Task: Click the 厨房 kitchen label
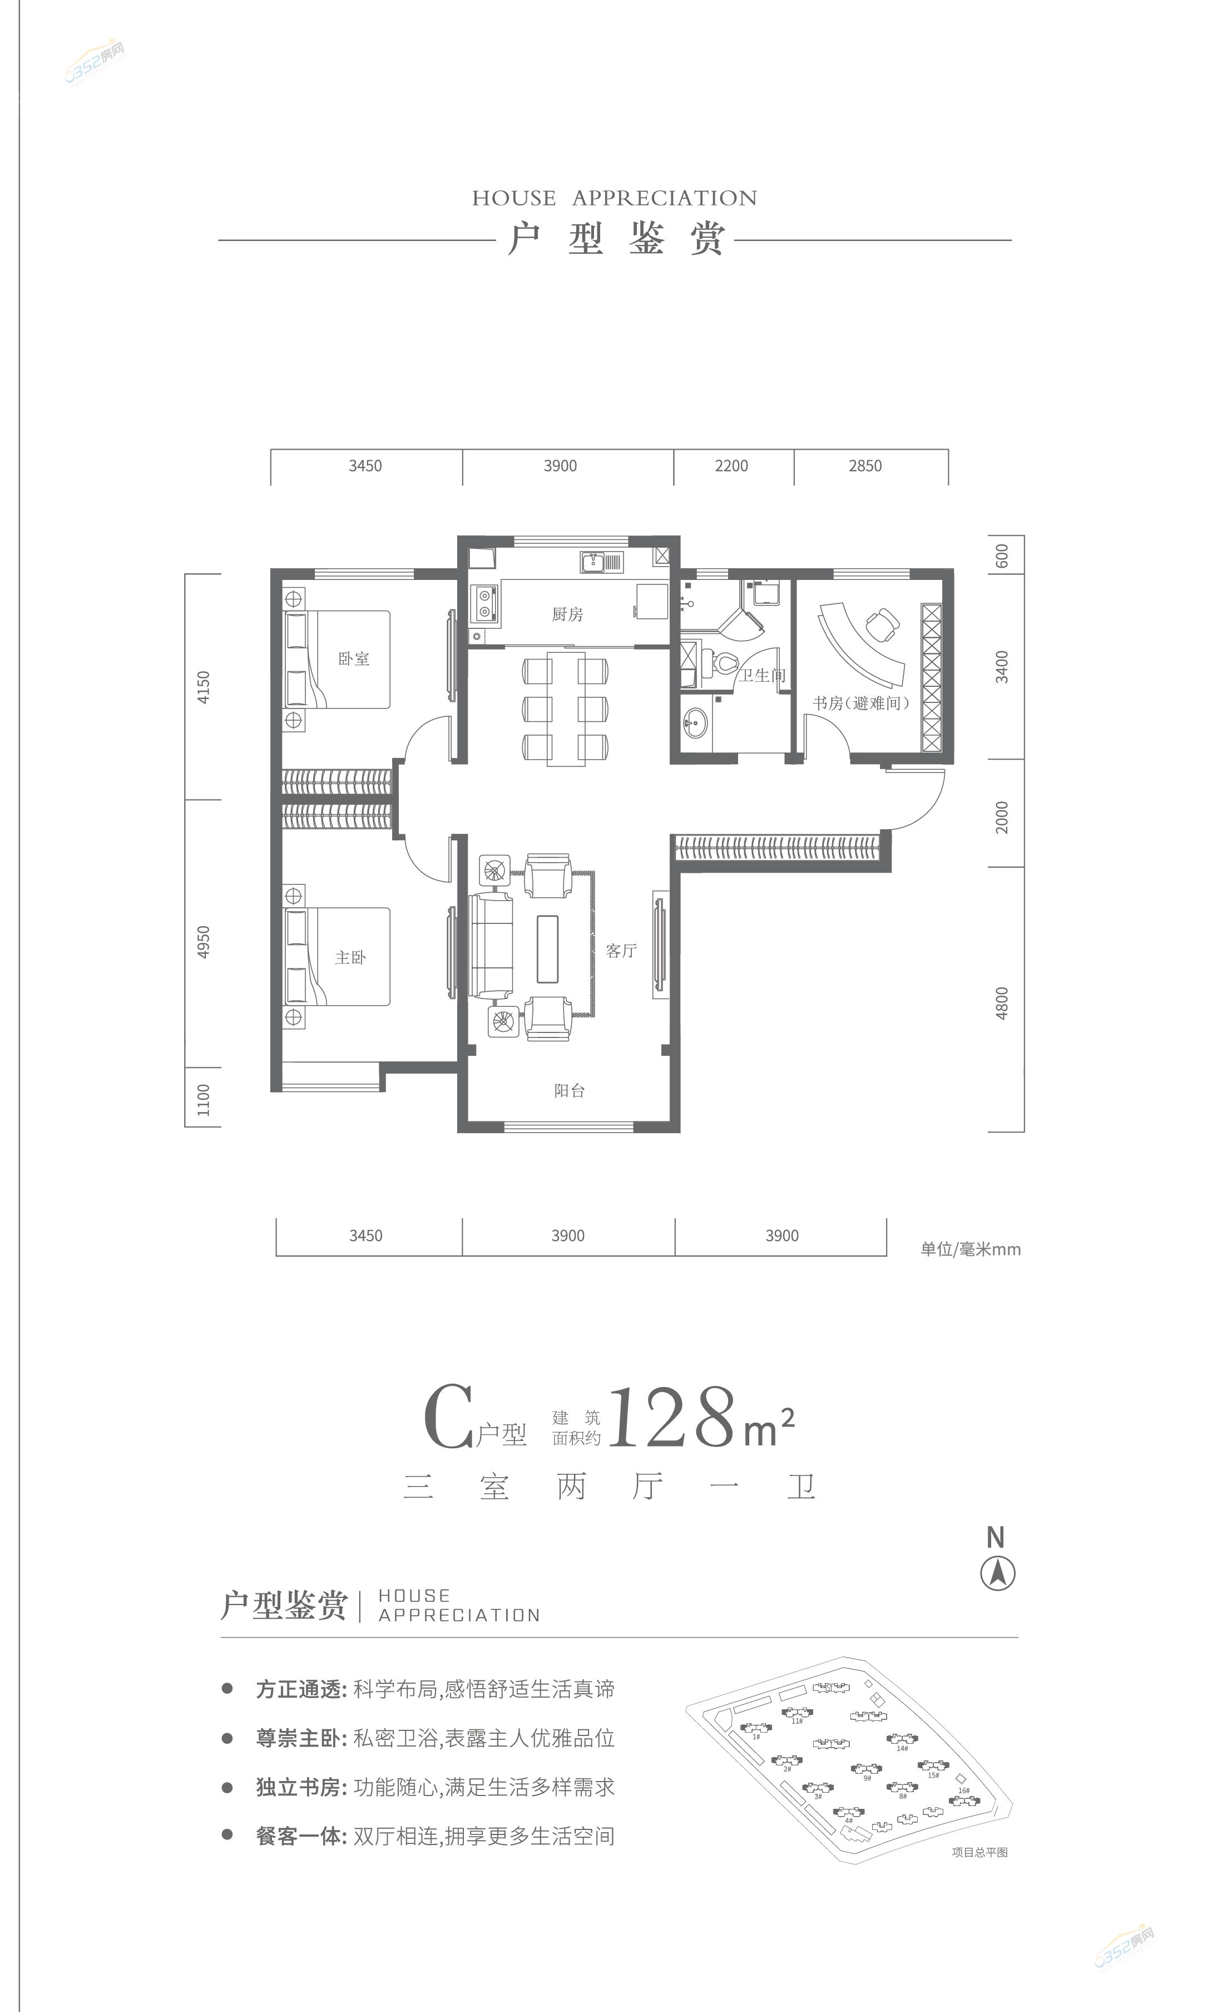coord(567,614)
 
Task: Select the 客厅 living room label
coord(621,951)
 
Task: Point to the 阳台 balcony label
coord(569,1090)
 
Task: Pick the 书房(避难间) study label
coord(860,702)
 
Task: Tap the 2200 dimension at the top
coord(731,465)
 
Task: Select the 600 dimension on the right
coord(1002,556)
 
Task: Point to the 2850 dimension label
coord(865,465)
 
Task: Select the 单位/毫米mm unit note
coord(971,1249)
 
